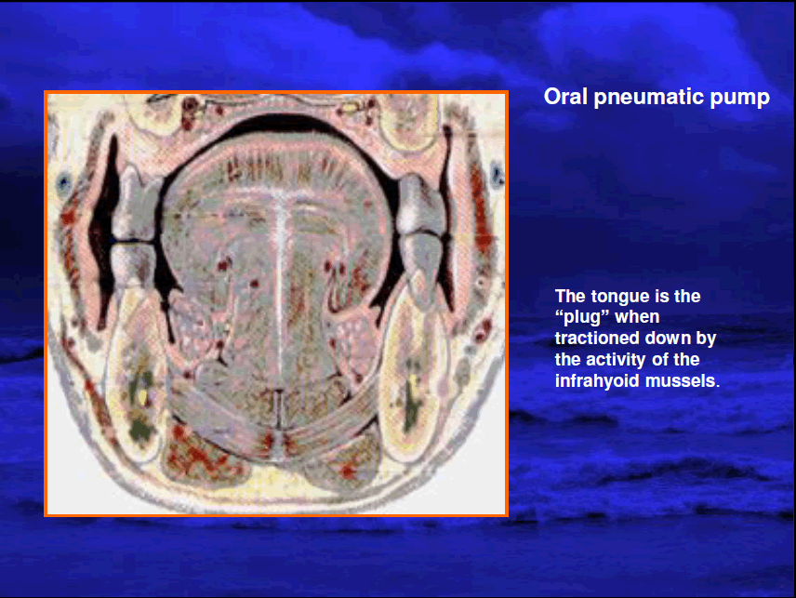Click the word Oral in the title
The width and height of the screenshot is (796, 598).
[564, 97]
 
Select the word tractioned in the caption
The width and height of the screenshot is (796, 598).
[594, 339]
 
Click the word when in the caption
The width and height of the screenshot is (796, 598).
[638, 317]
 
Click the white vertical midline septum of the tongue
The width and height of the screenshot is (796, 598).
[279, 285]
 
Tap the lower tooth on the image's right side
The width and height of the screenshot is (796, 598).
[422, 268]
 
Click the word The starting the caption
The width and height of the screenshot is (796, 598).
[570, 297]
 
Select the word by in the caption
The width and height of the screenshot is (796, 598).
[706, 339]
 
